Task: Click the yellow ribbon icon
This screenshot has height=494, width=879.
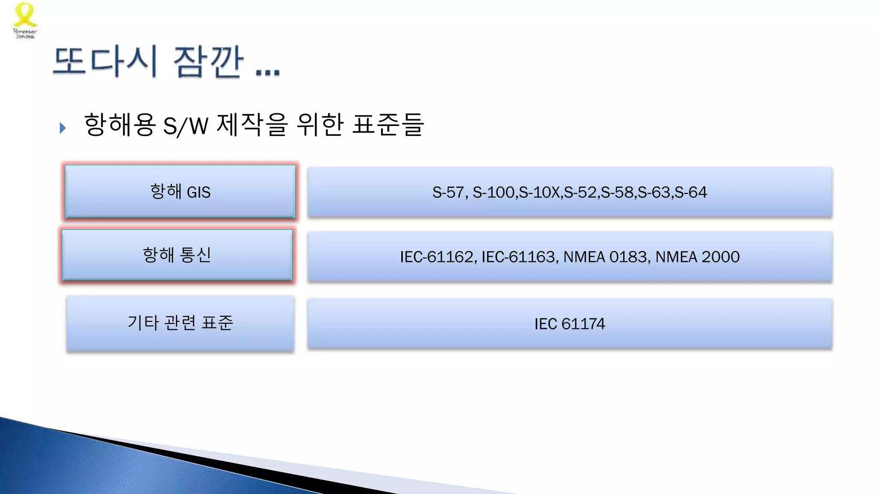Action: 25,15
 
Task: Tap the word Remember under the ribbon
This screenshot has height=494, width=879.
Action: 25,31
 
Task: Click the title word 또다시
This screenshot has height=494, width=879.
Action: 105,62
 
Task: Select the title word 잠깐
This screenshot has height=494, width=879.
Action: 209,62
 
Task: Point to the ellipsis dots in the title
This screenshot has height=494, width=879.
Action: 267,72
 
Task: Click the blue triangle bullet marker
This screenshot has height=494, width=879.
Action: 63,128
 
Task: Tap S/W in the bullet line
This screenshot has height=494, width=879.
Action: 185,126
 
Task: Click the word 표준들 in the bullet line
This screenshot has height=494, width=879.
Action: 388,125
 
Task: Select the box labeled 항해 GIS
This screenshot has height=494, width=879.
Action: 180,192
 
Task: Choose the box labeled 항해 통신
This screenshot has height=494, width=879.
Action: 177,255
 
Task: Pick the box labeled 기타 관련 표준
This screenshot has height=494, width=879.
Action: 180,323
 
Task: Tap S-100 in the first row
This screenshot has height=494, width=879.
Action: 494,193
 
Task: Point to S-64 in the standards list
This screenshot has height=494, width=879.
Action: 691,193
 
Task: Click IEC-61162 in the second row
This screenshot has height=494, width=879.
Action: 436,257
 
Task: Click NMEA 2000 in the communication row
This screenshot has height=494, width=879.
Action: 697,257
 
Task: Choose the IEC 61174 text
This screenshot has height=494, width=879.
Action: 570,324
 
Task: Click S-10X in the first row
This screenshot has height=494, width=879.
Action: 539,193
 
